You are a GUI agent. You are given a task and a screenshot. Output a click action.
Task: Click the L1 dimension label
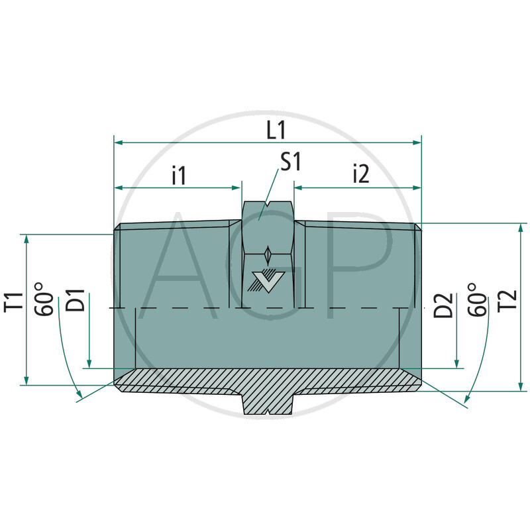pyautogui.click(x=276, y=129)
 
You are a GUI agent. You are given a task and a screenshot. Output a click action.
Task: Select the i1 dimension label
pyautogui.click(x=179, y=175)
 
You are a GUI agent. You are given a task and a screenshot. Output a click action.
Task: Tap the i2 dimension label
pyautogui.click(x=360, y=175)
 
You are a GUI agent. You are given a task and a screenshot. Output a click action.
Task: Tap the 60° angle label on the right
pyautogui.click(x=476, y=299)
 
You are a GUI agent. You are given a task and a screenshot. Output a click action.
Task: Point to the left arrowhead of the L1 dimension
pyautogui.click(x=119, y=142)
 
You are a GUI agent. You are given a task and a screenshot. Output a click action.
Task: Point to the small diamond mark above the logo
pyautogui.click(x=268, y=255)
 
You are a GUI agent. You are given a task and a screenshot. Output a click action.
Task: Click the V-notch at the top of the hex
pyautogui.click(x=268, y=204)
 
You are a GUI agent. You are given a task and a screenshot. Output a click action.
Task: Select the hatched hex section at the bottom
pyautogui.click(x=268, y=401)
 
